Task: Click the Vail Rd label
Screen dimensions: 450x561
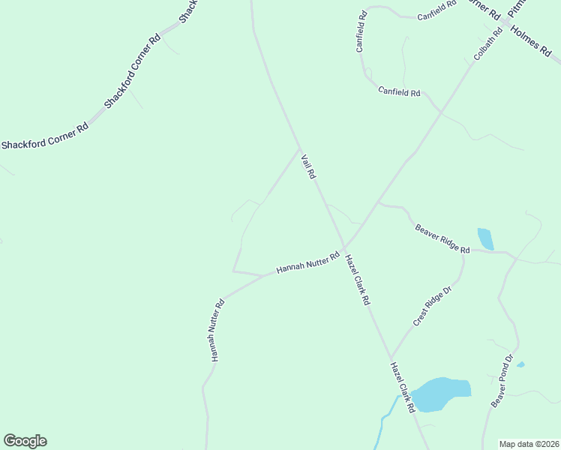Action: (x=308, y=166)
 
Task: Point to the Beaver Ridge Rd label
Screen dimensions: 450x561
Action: (x=442, y=238)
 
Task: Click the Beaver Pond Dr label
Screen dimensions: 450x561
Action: (x=502, y=381)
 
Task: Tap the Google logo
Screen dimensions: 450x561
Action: (x=25, y=441)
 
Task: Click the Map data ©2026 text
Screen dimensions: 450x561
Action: (x=529, y=444)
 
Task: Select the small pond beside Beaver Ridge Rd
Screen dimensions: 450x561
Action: (x=485, y=238)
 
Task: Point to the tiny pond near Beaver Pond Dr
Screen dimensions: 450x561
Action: (x=520, y=364)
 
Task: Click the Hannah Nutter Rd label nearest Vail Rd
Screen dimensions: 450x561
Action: (x=307, y=262)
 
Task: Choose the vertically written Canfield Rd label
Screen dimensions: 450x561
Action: (x=361, y=31)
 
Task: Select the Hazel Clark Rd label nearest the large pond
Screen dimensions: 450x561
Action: (x=402, y=388)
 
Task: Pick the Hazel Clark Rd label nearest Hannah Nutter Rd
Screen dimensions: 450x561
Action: (x=357, y=279)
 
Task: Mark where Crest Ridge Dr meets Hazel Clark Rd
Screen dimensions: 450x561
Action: (x=391, y=358)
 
